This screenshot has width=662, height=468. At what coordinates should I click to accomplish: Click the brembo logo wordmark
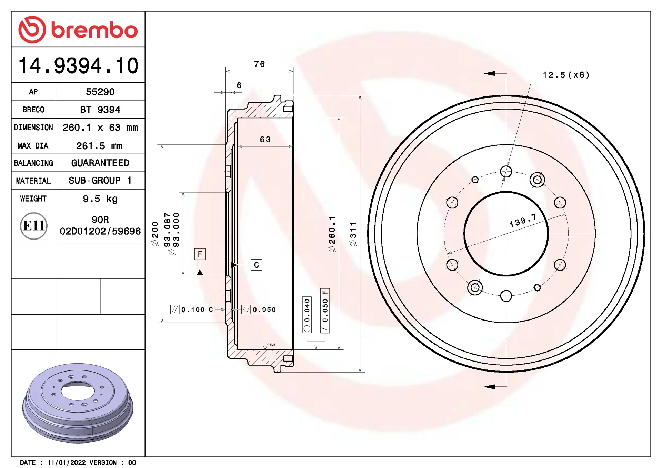tap(94, 30)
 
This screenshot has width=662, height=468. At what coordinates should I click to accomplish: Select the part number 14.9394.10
tap(78, 65)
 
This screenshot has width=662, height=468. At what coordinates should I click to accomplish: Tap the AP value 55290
tap(100, 92)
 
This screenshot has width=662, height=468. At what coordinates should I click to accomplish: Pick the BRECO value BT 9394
tap(100, 110)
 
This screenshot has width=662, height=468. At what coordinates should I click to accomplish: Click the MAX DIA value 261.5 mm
tap(99, 146)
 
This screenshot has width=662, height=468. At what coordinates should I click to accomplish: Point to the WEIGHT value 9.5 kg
tap(100, 199)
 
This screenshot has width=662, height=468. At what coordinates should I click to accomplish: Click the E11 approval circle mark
tap(34, 226)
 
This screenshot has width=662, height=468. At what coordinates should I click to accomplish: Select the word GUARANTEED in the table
tap(100, 163)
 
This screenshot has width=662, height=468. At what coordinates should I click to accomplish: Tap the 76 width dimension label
tap(259, 64)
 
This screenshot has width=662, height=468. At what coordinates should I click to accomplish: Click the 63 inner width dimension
tap(265, 140)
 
